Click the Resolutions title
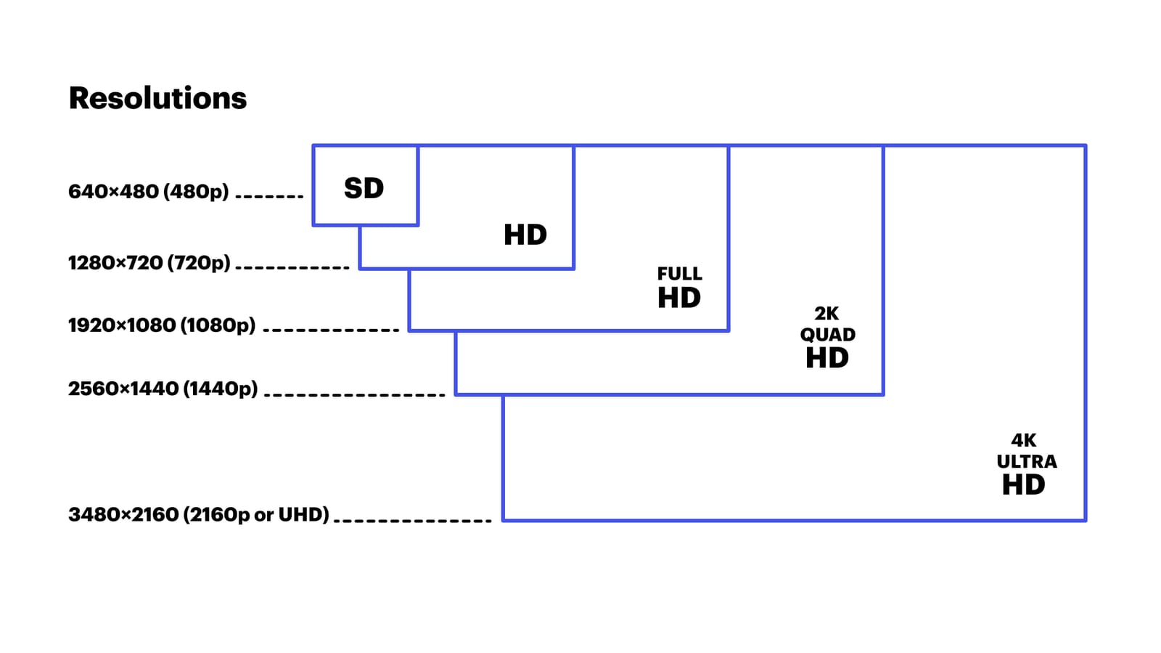(x=157, y=98)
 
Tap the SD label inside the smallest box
(x=364, y=189)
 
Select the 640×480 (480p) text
(x=148, y=192)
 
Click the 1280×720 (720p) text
(x=149, y=263)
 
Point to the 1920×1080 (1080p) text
(x=161, y=325)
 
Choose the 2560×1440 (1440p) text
(x=163, y=389)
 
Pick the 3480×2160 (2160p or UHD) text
(x=198, y=515)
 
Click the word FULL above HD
(x=679, y=274)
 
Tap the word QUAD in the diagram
(x=827, y=335)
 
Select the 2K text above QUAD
(x=826, y=314)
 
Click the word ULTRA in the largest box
(x=1026, y=462)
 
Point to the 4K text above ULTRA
(x=1023, y=440)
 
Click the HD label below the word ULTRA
(x=1023, y=485)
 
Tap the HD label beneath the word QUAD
(x=826, y=358)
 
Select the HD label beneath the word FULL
(x=678, y=299)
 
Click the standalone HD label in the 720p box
(x=525, y=235)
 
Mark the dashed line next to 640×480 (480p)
(x=269, y=196)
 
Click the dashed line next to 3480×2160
(x=412, y=520)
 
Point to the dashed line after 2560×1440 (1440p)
(x=354, y=394)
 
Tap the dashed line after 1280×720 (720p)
(x=292, y=267)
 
